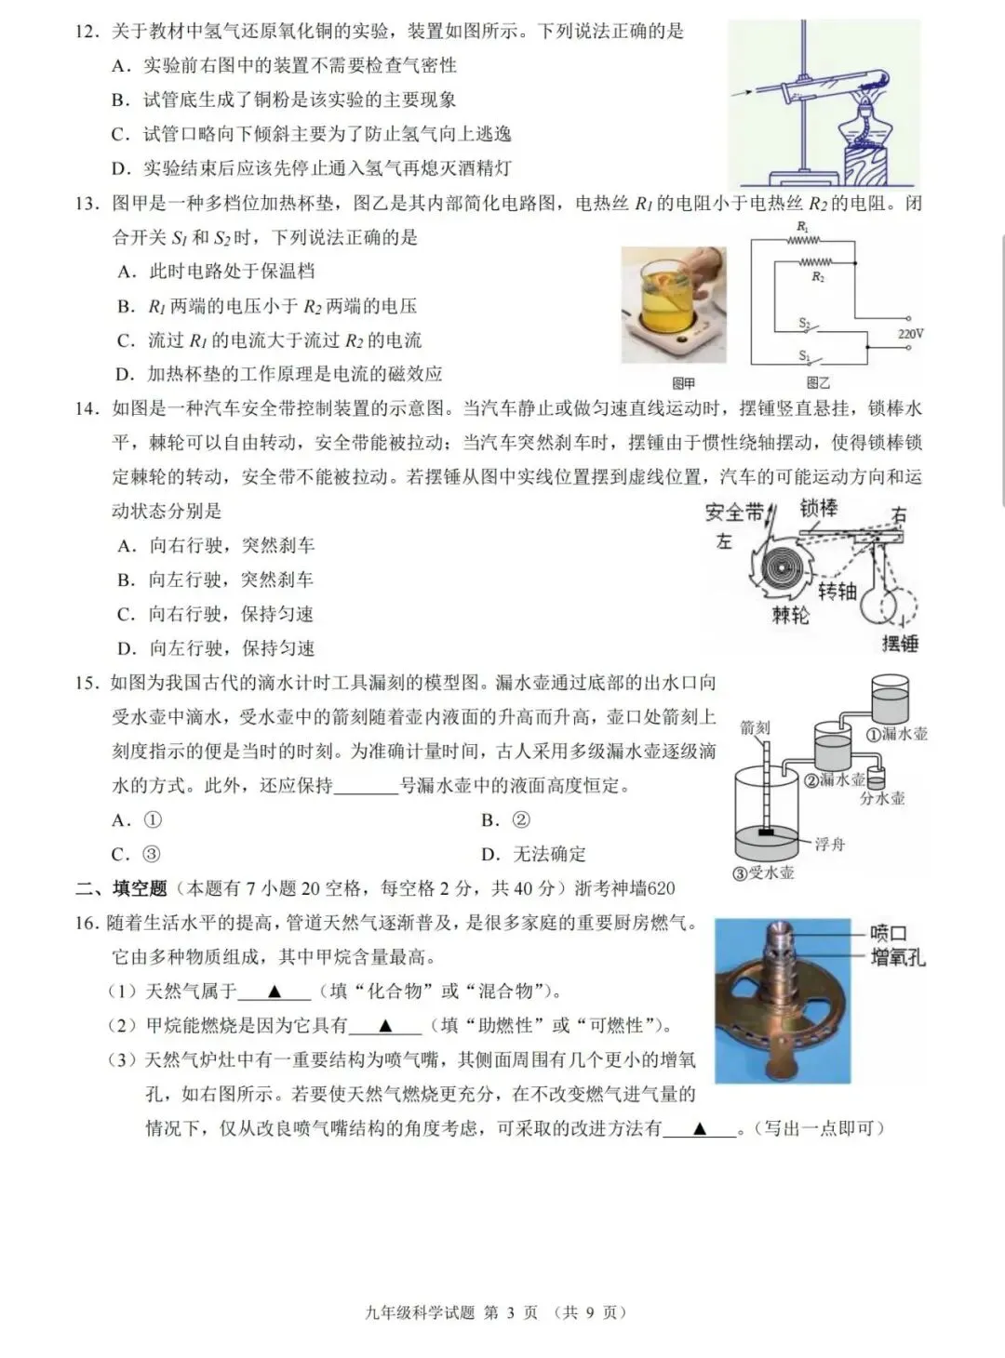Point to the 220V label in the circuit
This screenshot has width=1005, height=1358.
tap(910, 333)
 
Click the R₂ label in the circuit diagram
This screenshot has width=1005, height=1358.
tap(818, 277)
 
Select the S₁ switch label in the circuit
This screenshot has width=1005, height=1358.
tap(803, 355)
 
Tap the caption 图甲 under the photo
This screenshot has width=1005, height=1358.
tap(683, 383)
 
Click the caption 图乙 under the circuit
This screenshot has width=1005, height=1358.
tap(818, 383)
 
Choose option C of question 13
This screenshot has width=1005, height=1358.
tap(270, 340)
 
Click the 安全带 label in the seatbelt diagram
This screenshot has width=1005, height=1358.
tap(734, 513)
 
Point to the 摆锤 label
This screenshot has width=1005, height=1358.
tap(899, 643)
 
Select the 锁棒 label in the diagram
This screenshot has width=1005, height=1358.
tap(819, 508)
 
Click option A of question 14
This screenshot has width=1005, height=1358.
tap(216, 546)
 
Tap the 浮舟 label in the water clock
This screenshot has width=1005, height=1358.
tap(829, 844)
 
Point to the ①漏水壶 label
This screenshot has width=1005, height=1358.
tap(897, 734)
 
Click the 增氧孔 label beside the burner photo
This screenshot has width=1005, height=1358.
tap(897, 957)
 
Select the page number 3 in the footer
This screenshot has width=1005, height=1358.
tap(510, 1312)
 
